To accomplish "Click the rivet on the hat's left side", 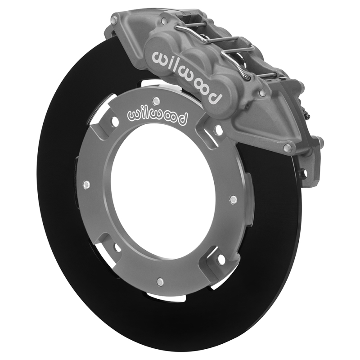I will [86, 185].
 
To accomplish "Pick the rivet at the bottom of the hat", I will [159, 281].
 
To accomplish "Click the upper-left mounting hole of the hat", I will [115, 121].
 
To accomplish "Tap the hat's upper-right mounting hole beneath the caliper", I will [219, 130].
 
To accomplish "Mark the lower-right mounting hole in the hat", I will [220, 258].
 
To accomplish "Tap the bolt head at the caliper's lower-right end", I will [287, 147].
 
